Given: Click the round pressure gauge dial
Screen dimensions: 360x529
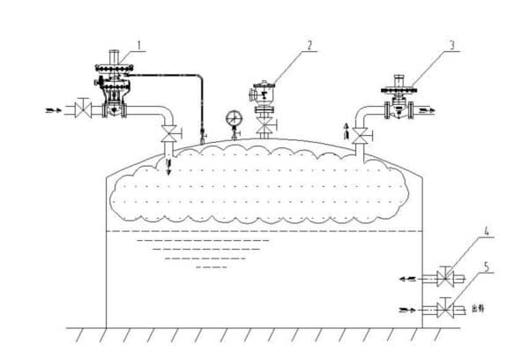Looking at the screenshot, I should (x=235, y=118).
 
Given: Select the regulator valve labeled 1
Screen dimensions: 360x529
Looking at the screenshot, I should (x=113, y=88).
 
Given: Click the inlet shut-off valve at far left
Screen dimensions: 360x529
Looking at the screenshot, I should (x=82, y=110).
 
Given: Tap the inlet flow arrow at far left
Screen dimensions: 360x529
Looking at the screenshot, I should (x=55, y=110).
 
